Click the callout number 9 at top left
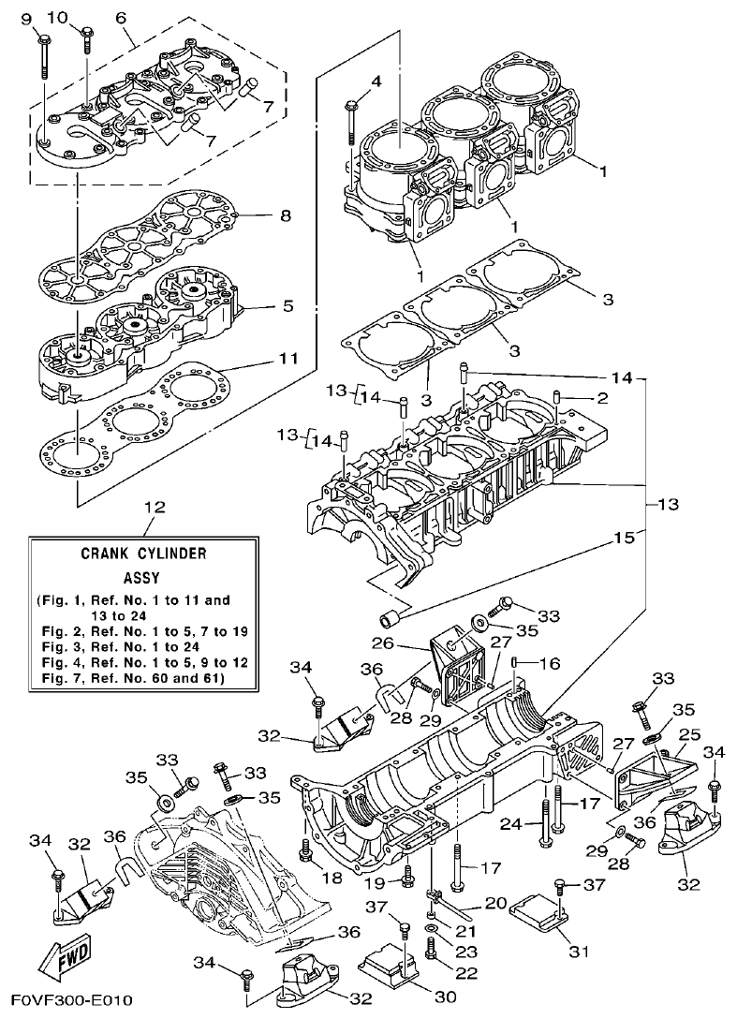25,18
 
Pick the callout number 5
287,305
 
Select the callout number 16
549,663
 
